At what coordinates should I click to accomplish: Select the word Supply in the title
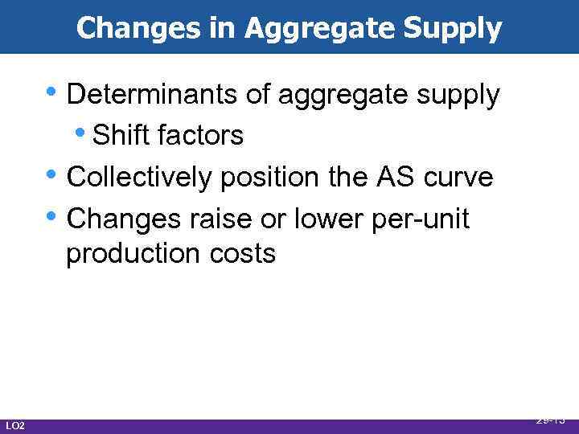point(455,28)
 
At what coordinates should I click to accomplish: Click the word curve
point(459,177)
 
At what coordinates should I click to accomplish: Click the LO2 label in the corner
point(14,425)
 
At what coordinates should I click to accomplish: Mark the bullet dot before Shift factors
point(83,133)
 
